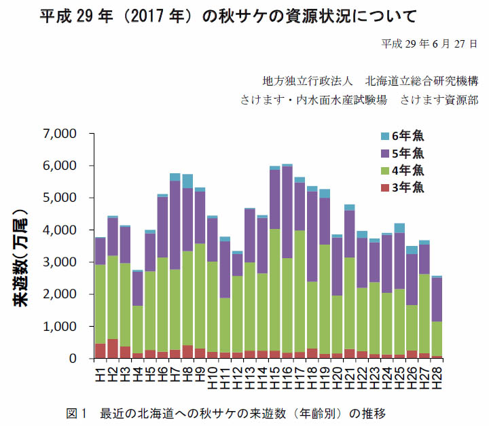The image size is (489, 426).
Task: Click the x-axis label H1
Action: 101,372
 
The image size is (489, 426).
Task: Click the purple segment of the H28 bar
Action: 437,299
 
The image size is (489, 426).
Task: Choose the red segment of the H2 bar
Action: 113,349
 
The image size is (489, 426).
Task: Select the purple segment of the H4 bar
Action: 138,289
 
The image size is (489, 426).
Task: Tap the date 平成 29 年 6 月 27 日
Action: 429,43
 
